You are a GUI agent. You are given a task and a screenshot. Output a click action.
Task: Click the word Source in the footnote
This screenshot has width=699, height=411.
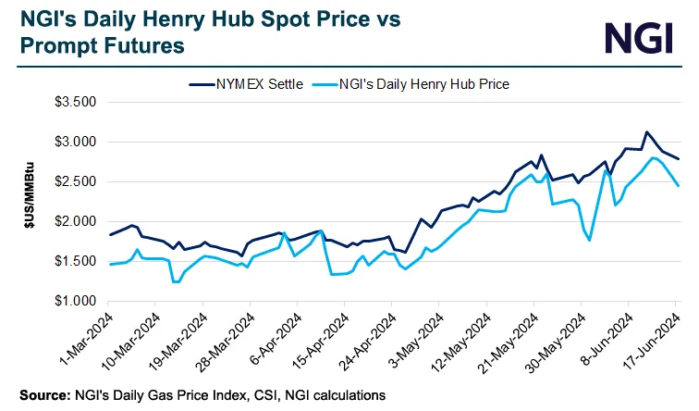tap(41, 395)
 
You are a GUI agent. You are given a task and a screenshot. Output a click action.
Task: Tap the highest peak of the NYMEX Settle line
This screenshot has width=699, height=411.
tap(646, 132)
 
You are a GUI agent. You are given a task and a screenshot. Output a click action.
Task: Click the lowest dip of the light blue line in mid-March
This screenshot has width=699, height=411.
tap(175, 281)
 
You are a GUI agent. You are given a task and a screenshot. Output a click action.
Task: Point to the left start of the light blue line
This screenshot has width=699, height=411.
tap(110, 265)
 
